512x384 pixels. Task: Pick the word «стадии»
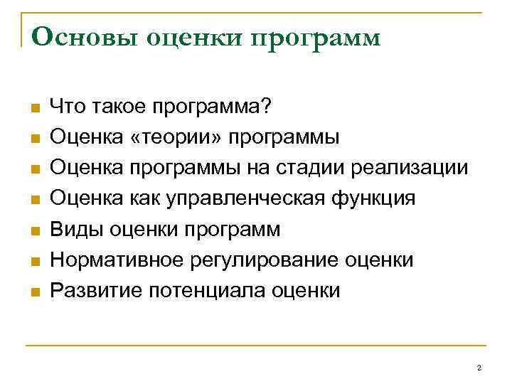(319, 169)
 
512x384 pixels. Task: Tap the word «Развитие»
(92, 291)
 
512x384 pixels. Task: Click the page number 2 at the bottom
(479, 368)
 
